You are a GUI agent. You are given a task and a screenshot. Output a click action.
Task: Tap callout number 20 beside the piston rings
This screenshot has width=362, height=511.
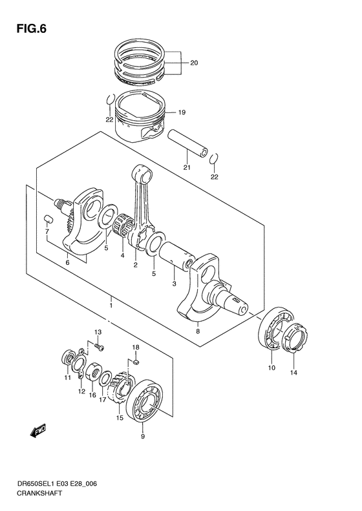[195, 63]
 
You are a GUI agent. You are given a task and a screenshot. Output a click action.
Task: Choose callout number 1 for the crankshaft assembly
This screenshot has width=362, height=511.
[111, 302]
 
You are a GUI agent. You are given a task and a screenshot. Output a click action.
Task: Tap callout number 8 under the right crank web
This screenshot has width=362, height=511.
[198, 331]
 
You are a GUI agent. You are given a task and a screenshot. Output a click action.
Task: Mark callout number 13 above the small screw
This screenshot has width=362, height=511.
[99, 332]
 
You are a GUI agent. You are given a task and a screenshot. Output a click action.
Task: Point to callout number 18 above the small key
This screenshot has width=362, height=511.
[136, 348]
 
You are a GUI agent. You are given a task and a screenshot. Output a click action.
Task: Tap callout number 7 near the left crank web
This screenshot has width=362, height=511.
[47, 231]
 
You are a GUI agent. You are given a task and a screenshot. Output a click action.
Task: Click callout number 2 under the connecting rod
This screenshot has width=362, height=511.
[136, 264]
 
